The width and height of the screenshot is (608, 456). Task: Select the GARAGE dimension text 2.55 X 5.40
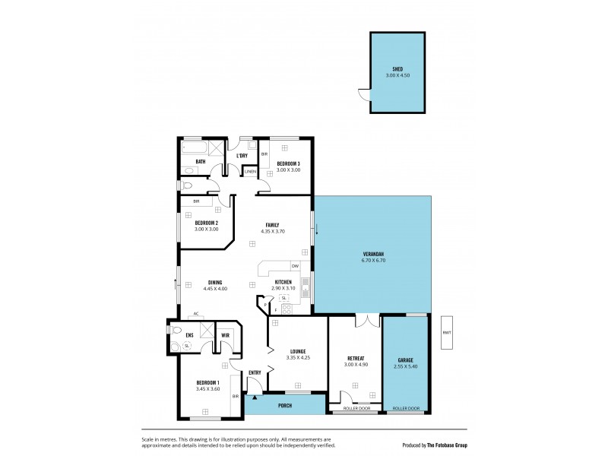pyautogui.click(x=407, y=366)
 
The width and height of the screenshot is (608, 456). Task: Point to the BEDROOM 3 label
pyautogui.click(x=288, y=163)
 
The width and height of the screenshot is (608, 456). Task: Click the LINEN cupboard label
pyautogui.click(x=249, y=172)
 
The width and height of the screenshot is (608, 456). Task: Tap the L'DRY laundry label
pyautogui.click(x=242, y=156)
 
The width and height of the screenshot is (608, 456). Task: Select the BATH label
pyautogui.click(x=200, y=161)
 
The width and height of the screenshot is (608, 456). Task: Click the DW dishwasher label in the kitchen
pyautogui.click(x=294, y=265)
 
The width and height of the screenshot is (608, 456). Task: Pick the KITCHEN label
pyautogui.click(x=283, y=282)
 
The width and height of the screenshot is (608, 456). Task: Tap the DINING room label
pyautogui.click(x=215, y=282)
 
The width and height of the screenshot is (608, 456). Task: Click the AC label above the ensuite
pyautogui.click(x=195, y=313)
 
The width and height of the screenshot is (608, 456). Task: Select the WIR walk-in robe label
pyautogui.click(x=226, y=334)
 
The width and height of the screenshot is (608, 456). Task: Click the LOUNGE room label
pyautogui.click(x=297, y=351)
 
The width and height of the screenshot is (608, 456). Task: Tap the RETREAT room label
pyautogui.click(x=356, y=358)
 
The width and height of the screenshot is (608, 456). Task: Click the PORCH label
pyautogui.click(x=285, y=405)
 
